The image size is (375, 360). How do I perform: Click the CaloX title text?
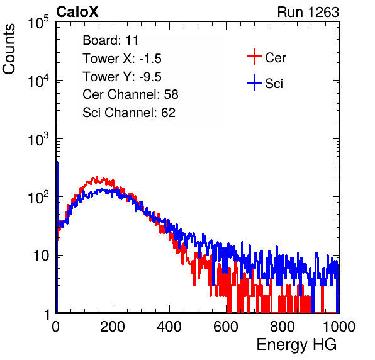click(77, 12)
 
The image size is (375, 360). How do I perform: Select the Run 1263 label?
click(308, 12)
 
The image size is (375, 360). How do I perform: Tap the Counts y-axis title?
click(9, 49)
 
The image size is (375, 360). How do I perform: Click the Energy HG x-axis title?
click(296, 345)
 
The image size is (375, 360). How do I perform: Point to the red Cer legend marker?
click(254, 57)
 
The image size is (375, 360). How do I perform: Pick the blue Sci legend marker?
click(254, 82)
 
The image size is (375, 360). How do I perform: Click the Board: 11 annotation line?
click(111, 40)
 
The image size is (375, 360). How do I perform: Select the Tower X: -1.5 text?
click(122, 59)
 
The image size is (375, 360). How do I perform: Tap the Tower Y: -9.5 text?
click(122, 77)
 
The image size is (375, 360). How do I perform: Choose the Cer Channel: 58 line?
click(130, 94)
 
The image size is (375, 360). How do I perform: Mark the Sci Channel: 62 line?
click(129, 113)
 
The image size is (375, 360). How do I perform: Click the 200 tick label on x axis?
click(113, 327)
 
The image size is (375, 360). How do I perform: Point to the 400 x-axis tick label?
click(169, 327)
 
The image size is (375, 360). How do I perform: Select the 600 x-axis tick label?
click(226, 327)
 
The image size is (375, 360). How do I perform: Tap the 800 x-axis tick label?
click(283, 327)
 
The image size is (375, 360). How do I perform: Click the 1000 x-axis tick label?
click(339, 327)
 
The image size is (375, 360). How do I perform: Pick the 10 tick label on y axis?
click(42, 256)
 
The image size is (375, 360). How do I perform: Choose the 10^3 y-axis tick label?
click(38, 138)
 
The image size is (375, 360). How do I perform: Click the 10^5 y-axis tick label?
click(38, 22)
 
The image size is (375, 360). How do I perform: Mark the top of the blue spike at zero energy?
click(57, 162)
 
